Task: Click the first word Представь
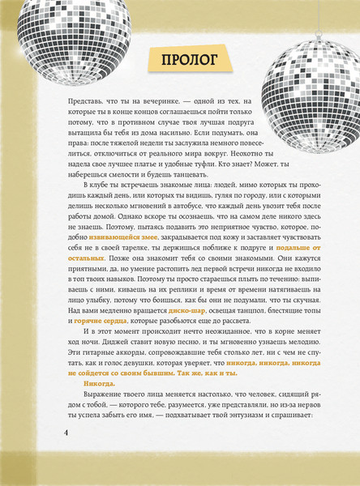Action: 79,101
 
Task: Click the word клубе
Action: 103,187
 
